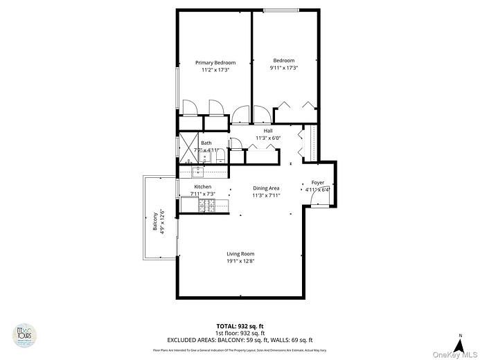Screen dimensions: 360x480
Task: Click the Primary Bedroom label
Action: (x=215, y=62)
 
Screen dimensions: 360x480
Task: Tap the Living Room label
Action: (x=240, y=254)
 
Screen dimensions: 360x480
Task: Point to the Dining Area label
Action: (x=265, y=188)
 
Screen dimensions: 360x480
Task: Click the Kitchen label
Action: (x=203, y=187)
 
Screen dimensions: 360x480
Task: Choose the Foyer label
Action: (x=317, y=182)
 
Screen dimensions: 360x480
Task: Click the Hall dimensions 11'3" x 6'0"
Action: (x=267, y=138)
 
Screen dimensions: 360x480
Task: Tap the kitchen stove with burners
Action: (x=206, y=205)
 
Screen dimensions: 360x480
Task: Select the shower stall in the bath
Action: (x=190, y=146)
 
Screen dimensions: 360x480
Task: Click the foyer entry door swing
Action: (x=320, y=201)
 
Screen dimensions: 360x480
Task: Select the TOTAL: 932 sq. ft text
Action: (x=240, y=326)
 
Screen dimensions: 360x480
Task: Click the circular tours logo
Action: (x=26, y=336)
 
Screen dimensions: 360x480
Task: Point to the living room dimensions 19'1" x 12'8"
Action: (x=240, y=262)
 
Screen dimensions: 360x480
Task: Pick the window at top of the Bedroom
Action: (x=281, y=10)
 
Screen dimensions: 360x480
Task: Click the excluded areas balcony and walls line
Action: (x=240, y=340)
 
